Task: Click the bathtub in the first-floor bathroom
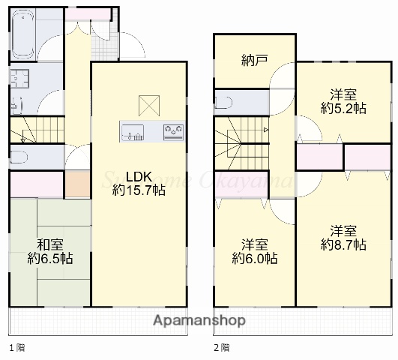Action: pos(22,34)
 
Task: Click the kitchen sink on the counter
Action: pos(134,133)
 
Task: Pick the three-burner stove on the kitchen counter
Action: pos(173,132)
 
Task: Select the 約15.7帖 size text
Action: pos(139,190)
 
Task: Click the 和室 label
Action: pos(51,244)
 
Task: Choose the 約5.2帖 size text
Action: pos(343,108)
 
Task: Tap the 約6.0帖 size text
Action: pos(255,259)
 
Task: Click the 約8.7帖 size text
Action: pos(343,244)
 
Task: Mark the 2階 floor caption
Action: pos(221,348)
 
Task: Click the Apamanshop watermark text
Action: pos(199,321)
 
